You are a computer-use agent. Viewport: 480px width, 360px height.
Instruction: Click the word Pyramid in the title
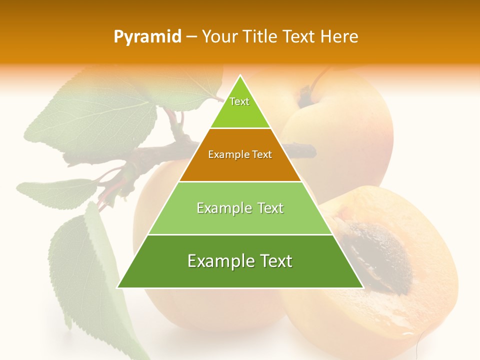tap(147, 37)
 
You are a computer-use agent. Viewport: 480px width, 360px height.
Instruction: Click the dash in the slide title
tap(191, 37)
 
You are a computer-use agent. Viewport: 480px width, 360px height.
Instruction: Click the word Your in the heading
tap(219, 36)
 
